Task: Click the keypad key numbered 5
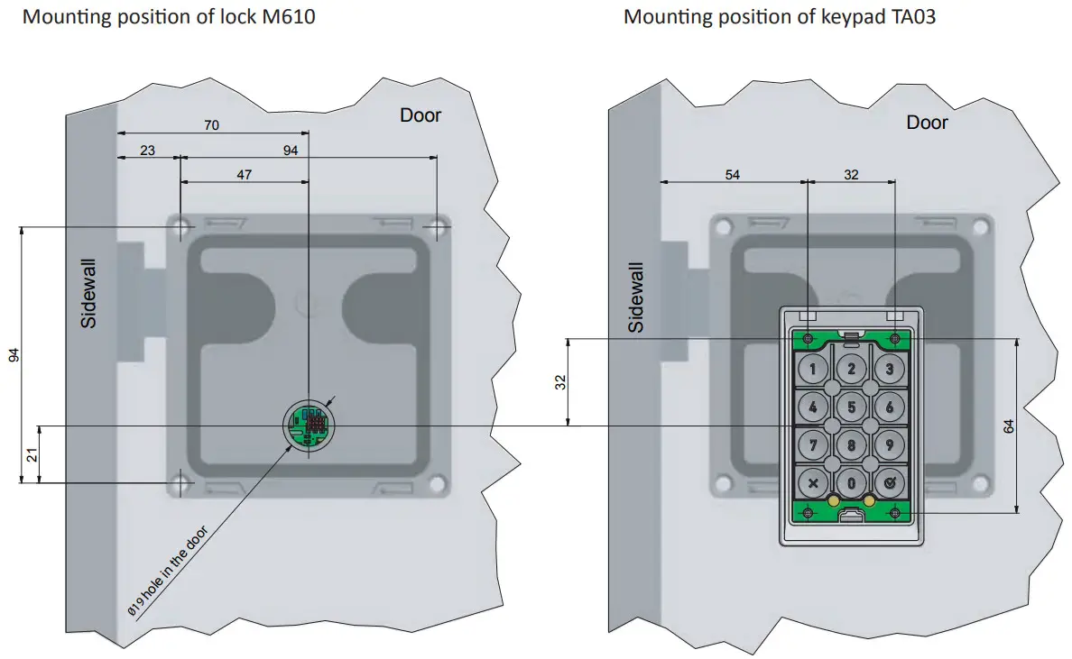tap(851, 406)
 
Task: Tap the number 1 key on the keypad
tap(813, 368)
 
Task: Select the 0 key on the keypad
tap(851, 482)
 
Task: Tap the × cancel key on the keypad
tap(813, 482)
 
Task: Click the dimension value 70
tap(211, 125)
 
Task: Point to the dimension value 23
tap(148, 151)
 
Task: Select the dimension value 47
tap(245, 175)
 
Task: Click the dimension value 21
tap(32, 454)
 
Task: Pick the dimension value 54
tap(732, 175)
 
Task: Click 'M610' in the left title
tap(290, 16)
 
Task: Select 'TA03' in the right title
tap(909, 16)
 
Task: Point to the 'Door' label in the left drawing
tap(420, 115)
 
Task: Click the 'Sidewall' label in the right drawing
tap(637, 297)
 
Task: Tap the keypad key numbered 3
tap(890, 368)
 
